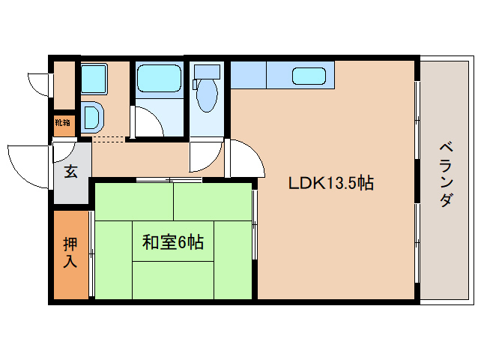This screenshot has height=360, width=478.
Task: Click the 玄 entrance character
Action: point(70,172)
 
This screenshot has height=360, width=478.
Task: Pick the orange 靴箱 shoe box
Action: point(63,122)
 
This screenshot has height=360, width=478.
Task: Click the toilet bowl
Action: point(205,96)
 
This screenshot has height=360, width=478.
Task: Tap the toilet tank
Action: point(207,71)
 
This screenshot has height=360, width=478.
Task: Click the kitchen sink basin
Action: point(309,76)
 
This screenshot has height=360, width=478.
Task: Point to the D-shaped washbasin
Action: point(93,117)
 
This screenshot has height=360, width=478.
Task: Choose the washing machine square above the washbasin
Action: point(94,77)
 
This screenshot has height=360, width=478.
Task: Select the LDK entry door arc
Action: point(244,158)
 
